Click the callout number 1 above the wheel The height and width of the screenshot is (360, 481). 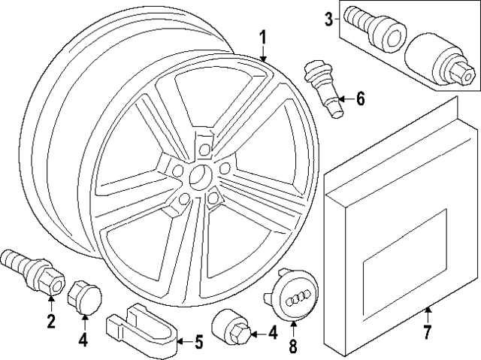262,37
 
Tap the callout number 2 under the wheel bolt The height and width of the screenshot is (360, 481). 51,323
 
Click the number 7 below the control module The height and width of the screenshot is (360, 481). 426,331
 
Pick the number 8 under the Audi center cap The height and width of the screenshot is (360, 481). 292,347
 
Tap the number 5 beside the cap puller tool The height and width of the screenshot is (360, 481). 198,343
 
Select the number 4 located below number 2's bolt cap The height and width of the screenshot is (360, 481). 84,340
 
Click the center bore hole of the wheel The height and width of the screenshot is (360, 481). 198,177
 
